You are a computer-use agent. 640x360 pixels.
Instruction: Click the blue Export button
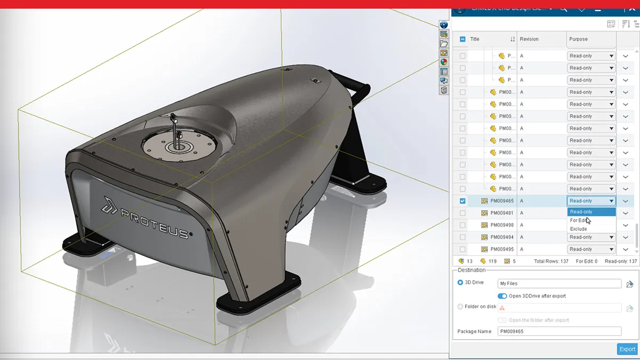[x=627, y=349]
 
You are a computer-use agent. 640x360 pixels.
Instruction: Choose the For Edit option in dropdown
[x=578, y=220]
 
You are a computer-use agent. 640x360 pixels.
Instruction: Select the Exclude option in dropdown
[x=578, y=229]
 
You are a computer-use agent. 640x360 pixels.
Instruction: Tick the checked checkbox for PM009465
[x=462, y=201]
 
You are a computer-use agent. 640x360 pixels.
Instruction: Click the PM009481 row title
[x=502, y=213]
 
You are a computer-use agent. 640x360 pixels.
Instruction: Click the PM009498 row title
[x=502, y=225]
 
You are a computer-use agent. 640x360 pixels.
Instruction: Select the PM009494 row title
[x=502, y=237]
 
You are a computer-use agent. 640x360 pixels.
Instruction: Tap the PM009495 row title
[x=502, y=249]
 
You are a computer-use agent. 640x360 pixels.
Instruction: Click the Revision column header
[x=529, y=39]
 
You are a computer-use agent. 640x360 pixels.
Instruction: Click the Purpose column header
[x=578, y=39]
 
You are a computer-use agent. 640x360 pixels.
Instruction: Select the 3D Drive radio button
[x=460, y=283]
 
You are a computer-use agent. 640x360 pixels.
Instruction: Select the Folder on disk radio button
[x=460, y=307]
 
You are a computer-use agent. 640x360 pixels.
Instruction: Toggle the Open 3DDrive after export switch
[x=502, y=296]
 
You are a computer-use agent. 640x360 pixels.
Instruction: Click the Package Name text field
[x=559, y=331]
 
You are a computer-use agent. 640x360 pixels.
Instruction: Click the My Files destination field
[x=559, y=284]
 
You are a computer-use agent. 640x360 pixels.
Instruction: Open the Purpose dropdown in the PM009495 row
[x=591, y=249]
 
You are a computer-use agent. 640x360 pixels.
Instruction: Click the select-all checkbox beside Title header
[x=462, y=39]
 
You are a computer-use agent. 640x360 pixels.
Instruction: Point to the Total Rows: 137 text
[x=551, y=261]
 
